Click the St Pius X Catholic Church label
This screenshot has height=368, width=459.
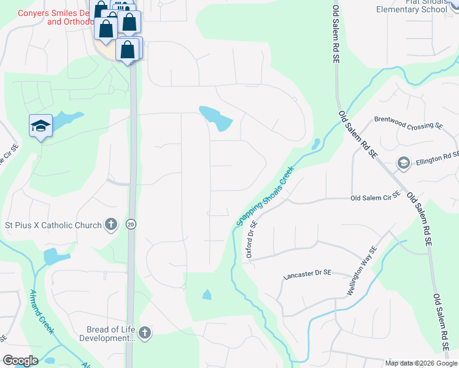click(x=53, y=225)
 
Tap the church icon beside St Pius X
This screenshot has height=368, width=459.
click(x=110, y=224)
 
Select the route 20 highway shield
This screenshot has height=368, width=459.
click(x=131, y=225)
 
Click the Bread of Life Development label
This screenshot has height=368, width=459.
click(x=102, y=334)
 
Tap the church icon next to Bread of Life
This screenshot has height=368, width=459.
click(x=144, y=333)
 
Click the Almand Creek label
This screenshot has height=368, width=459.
click(x=42, y=312)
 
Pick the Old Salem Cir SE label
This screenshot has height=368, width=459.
click(x=375, y=198)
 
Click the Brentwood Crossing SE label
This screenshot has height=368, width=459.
click(x=408, y=124)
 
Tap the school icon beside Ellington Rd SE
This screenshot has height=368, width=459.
click(x=404, y=163)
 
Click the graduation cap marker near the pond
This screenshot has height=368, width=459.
click(x=41, y=126)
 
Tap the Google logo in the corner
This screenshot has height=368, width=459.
click(x=20, y=361)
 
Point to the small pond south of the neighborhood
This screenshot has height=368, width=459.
click(x=207, y=295)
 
